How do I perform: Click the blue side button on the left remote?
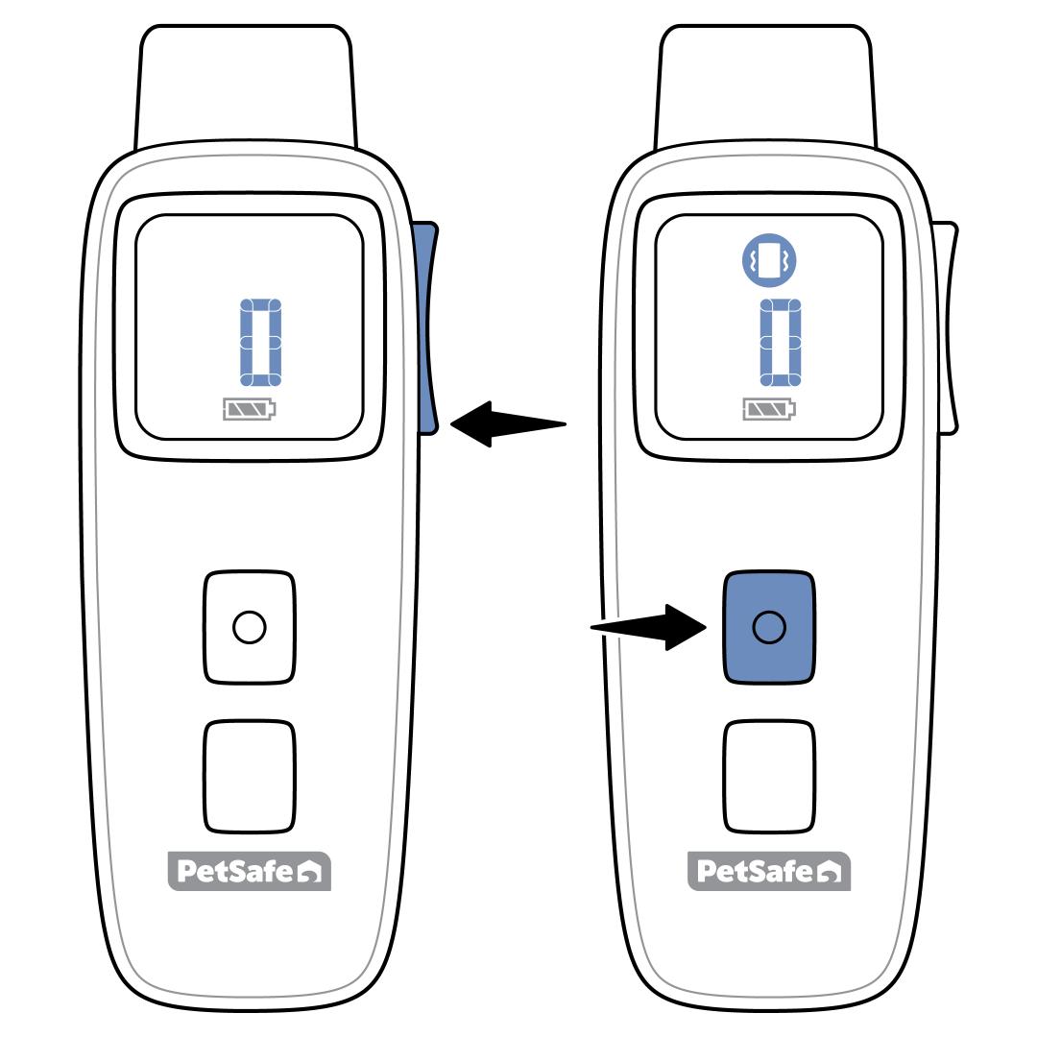point(426,326)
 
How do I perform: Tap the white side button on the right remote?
point(947,326)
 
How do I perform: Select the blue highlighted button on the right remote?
point(769,627)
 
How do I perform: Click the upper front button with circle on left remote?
point(250,627)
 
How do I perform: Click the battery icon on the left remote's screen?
point(249,410)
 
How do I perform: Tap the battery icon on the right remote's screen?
point(770,410)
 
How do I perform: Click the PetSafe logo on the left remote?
point(249,871)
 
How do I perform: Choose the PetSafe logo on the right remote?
point(769,871)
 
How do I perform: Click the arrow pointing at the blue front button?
point(649,627)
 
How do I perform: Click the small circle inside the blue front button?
point(769,627)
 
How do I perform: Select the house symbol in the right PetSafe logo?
point(834,873)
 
